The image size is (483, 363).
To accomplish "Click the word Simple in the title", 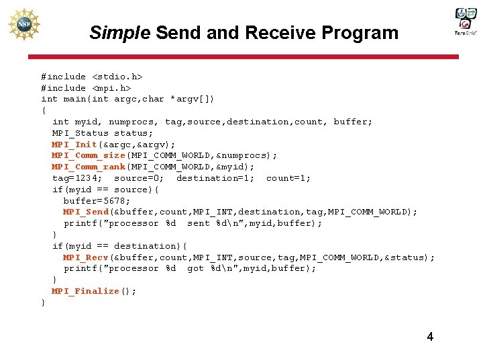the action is coord(119,33).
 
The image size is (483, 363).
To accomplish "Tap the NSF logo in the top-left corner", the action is coord(24,24).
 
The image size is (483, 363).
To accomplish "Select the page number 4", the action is coord(430,337).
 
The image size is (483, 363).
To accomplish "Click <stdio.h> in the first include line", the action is coord(117,77).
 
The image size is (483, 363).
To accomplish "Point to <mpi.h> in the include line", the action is coord(111,88).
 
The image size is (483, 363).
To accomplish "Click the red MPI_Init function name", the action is coord(74,145).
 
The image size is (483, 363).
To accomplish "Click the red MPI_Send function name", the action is coord(86,212).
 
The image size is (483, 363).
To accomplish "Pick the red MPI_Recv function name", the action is coord(86,257).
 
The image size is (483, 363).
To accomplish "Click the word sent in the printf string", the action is coord(199,223).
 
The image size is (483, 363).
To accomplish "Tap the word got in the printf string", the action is coord(195,268).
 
